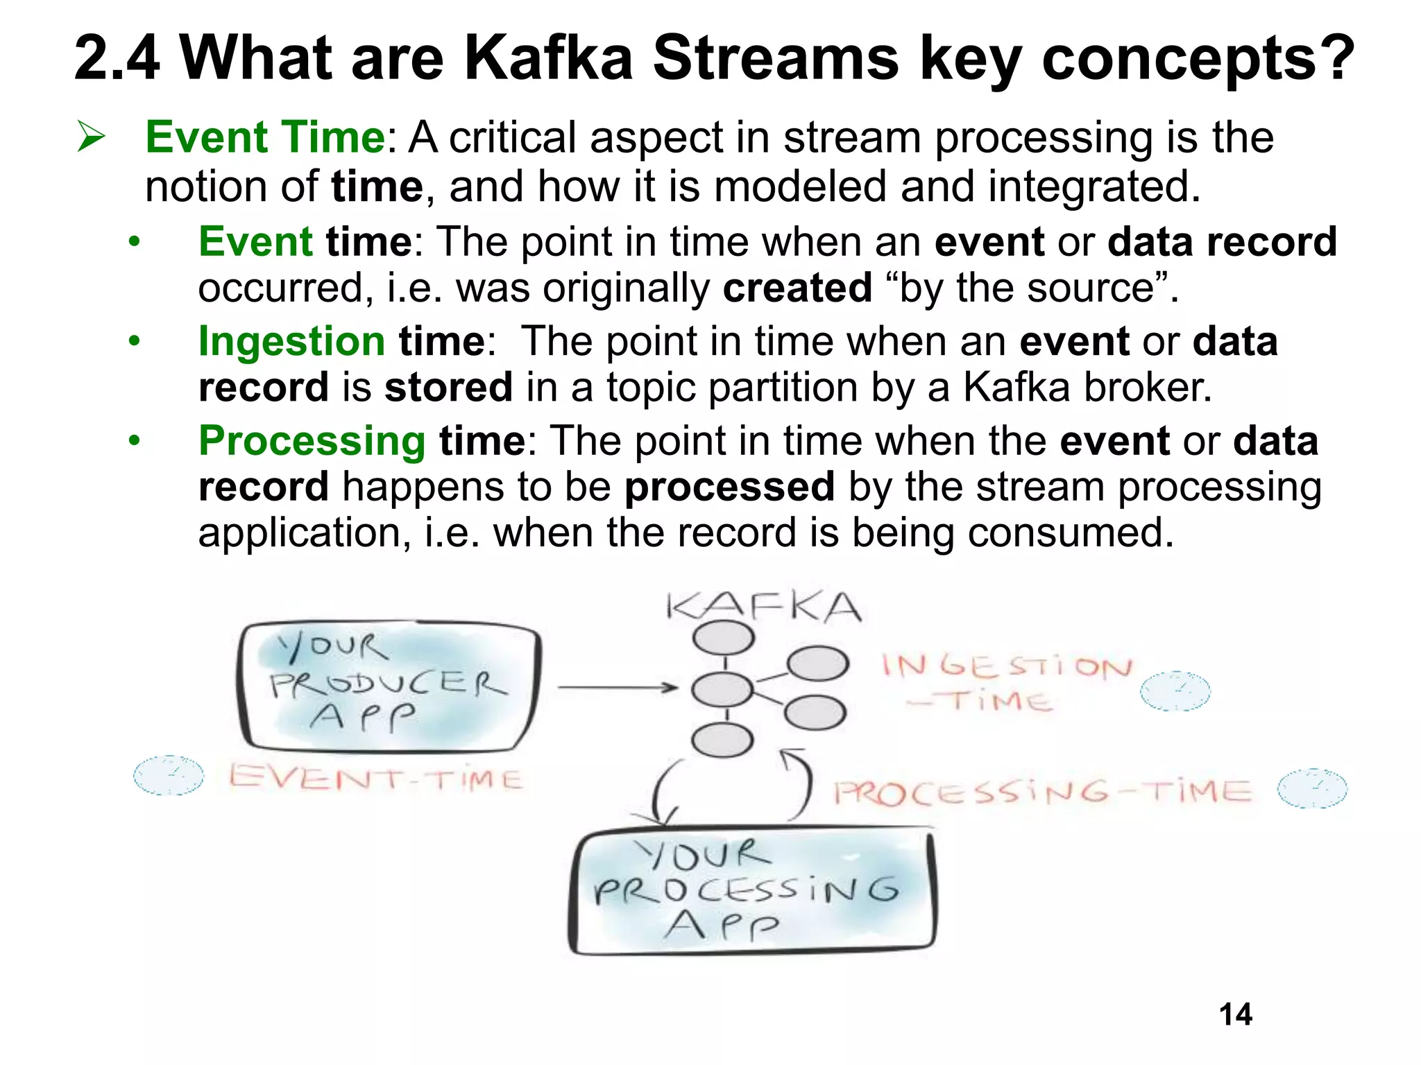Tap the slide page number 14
(1235, 1014)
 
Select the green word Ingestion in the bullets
(291, 341)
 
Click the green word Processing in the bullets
(312, 441)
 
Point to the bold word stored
(448, 387)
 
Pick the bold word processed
(729, 487)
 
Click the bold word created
(797, 288)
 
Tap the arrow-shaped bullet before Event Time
(91, 136)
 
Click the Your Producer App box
(389, 686)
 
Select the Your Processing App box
(752, 891)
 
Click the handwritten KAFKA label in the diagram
(763, 608)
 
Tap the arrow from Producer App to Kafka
(618, 687)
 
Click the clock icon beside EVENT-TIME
(169, 775)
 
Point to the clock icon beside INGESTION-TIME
(1175, 691)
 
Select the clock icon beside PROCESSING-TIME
(1312, 788)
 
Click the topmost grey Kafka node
(723, 637)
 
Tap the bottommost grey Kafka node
(722, 740)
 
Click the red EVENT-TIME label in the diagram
(375, 778)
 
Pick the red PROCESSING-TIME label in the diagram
(1042, 792)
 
